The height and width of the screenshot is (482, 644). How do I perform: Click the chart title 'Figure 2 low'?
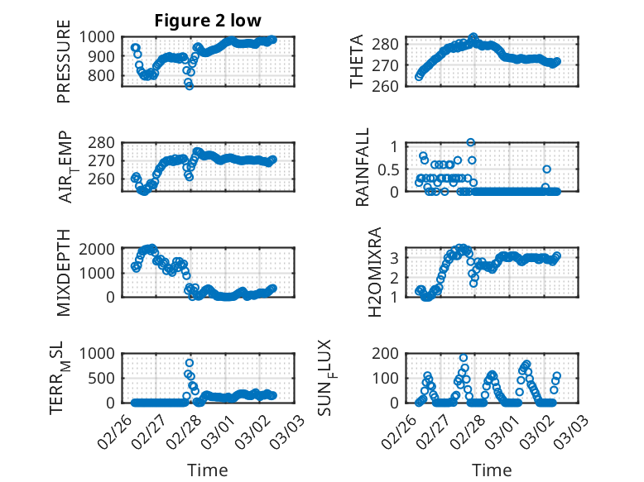pos(208,21)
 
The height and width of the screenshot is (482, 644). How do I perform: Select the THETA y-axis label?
pos(357,61)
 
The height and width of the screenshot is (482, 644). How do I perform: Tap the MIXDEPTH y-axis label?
pos(64,274)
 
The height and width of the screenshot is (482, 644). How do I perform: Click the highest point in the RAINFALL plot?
pos(471,142)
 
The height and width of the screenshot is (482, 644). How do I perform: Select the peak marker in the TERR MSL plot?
pos(190,363)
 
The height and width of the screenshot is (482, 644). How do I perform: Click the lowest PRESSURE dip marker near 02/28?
pos(190,86)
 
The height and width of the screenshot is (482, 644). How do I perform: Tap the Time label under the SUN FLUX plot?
pos(492,470)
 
